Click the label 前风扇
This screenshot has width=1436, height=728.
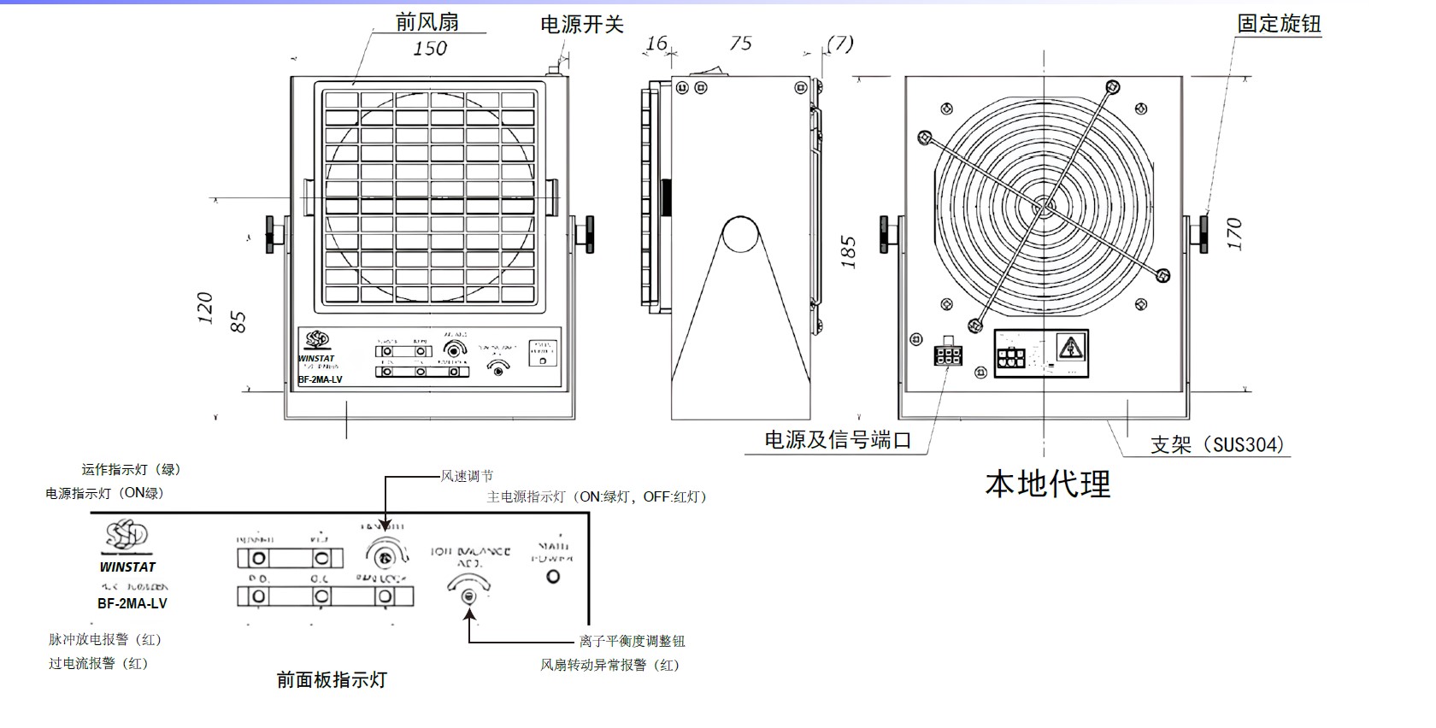[427, 21]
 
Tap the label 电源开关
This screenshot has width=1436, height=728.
[582, 25]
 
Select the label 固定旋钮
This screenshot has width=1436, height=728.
[1279, 24]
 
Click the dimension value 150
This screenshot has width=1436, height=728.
[430, 49]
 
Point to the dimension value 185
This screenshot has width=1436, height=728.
[848, 253]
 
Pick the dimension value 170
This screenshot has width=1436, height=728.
[1233, 233]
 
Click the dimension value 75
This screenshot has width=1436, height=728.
[741, 44]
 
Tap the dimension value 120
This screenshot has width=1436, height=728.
[205, 308]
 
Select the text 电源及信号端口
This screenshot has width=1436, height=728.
[838, 440]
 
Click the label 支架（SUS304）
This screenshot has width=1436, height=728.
[1217, 444]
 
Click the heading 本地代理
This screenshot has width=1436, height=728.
[1048, 484]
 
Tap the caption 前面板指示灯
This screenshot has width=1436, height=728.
[332, 680]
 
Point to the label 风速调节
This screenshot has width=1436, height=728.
[467, 476]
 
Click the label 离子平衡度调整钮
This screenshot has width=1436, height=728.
[633, 641]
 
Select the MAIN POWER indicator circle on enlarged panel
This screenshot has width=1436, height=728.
[553, 577]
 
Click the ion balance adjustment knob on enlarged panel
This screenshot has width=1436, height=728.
[468, 595]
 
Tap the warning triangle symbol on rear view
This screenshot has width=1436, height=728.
[1068, 347]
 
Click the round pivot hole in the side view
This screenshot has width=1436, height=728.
[740, 234]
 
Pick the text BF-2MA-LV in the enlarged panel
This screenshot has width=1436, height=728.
[132, 603]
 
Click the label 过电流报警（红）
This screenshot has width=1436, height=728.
[98, 663]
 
